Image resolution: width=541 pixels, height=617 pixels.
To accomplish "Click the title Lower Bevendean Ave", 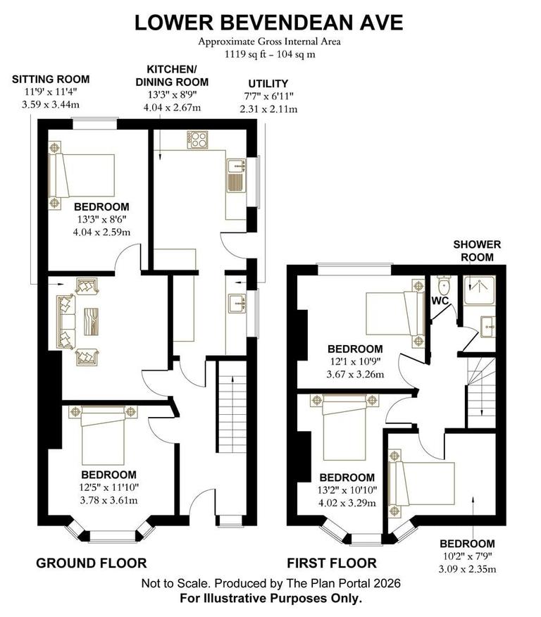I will (x=270, y=22).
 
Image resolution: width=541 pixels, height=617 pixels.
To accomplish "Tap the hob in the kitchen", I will (x=199, y=139).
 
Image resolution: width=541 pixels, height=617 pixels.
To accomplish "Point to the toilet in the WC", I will (x=443, y=287).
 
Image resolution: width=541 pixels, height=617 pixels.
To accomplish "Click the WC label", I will (x=441, y=301).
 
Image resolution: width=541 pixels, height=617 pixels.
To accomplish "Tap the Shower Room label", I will (x=476, y=251).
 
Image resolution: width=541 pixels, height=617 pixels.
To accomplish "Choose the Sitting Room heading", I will (x=51, y=79).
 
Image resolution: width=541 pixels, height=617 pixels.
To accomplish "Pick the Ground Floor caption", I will (x=92, y=563).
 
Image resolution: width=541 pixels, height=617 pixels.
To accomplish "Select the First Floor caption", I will (x=331, y=563).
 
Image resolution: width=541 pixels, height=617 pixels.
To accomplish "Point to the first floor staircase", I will (x=480, y=385).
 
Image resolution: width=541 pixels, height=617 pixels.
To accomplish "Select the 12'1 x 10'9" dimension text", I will (x=355, y=362).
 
